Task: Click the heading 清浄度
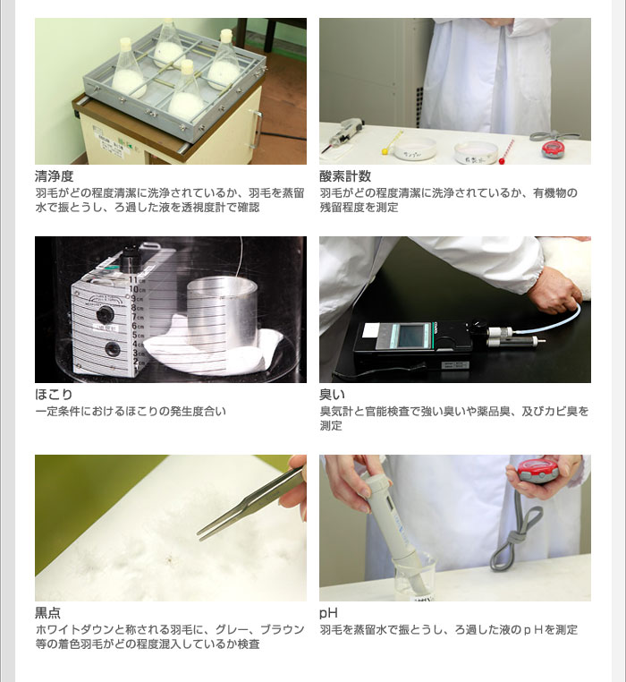pos(55,176)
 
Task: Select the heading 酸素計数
pos(345,176)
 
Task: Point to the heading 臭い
pos(332,395)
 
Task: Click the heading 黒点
pos(47,613)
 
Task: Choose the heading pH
pos(328,613)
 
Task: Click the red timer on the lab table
pos(553,149)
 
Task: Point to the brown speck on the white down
pos(168,558)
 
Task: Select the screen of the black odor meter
pos(411,336)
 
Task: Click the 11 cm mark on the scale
pos(134,280)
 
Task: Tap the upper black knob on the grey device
pos(105,313)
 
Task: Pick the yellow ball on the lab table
pos(385,152)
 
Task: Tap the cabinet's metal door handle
pos(257,129)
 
